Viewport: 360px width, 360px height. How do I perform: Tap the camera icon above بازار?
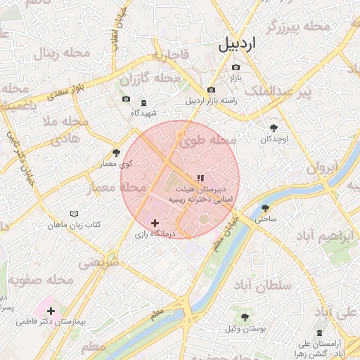tap(235, 67)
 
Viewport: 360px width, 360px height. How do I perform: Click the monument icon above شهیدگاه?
tap(144, 102)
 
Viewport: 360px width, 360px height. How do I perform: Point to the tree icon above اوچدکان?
tap(274, 128)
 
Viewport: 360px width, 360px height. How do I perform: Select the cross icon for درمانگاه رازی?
tap(155, 222)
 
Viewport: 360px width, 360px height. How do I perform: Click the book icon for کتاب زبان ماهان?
tap(74, 214)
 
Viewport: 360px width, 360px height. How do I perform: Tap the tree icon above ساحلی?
tap(265, 208)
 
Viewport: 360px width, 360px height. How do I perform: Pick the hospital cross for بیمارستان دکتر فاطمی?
tap(51, 310)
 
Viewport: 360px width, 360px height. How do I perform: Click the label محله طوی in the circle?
tap(207, 141)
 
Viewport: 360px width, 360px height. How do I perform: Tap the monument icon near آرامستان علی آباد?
tap(320, 332)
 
